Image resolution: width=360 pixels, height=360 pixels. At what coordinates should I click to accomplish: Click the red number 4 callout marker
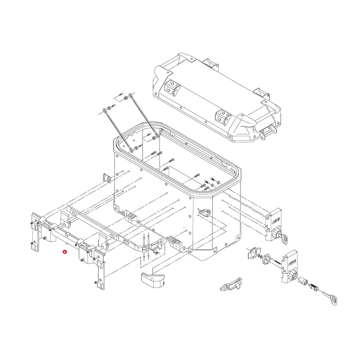(65, 252)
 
